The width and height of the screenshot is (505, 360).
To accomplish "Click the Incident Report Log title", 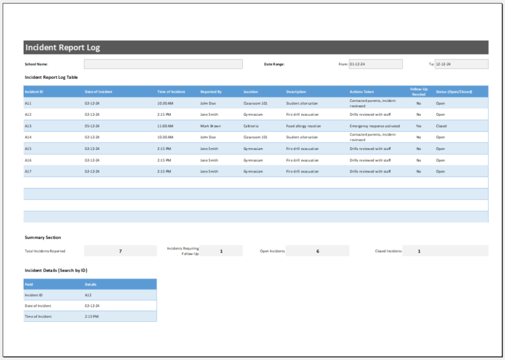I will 62,47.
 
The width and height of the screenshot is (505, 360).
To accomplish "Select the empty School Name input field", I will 163,64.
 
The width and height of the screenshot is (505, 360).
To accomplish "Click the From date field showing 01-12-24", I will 375,64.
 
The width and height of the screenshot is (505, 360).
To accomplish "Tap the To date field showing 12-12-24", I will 461,64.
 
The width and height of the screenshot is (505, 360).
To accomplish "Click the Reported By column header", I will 211,91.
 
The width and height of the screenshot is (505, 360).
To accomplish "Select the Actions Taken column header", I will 362,91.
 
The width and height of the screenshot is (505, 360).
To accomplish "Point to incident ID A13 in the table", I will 28,126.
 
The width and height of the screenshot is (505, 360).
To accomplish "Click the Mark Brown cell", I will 210,126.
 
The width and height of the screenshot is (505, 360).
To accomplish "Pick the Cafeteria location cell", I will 251,126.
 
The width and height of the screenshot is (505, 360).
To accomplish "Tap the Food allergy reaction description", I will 303,126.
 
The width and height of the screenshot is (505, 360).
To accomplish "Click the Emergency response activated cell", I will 374,126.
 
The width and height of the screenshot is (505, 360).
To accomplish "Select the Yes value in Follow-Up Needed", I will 418,126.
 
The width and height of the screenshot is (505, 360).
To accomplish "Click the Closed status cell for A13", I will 441,126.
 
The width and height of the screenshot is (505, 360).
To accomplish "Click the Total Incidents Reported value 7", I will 120,251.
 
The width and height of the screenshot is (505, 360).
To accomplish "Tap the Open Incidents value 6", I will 318,251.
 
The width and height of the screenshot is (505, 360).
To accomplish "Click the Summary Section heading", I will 43,238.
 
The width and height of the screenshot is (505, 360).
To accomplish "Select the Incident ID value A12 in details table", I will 88,295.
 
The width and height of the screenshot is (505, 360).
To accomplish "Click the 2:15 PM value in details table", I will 91,317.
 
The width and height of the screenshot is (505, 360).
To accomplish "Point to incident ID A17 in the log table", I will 28,171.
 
